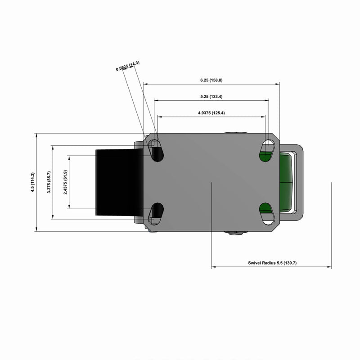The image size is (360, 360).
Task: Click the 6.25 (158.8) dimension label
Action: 211,80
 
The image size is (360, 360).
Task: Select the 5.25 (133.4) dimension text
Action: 211,97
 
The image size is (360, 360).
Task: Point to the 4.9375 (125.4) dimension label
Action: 211,113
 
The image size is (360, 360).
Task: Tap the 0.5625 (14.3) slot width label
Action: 128,66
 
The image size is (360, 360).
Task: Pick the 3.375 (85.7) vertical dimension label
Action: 49,182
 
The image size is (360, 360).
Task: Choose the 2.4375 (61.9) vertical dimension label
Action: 66,182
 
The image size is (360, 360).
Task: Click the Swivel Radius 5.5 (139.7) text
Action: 272,263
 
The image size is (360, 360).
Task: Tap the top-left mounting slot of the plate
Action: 156,150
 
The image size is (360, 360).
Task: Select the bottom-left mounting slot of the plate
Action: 156,214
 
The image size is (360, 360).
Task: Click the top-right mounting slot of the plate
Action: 267,150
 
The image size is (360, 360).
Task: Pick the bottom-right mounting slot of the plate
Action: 267,214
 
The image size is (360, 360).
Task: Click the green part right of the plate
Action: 286,182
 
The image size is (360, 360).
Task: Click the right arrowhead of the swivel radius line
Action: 329,267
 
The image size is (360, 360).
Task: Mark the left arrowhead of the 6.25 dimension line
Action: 145,84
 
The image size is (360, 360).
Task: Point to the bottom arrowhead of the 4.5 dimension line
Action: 36,229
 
